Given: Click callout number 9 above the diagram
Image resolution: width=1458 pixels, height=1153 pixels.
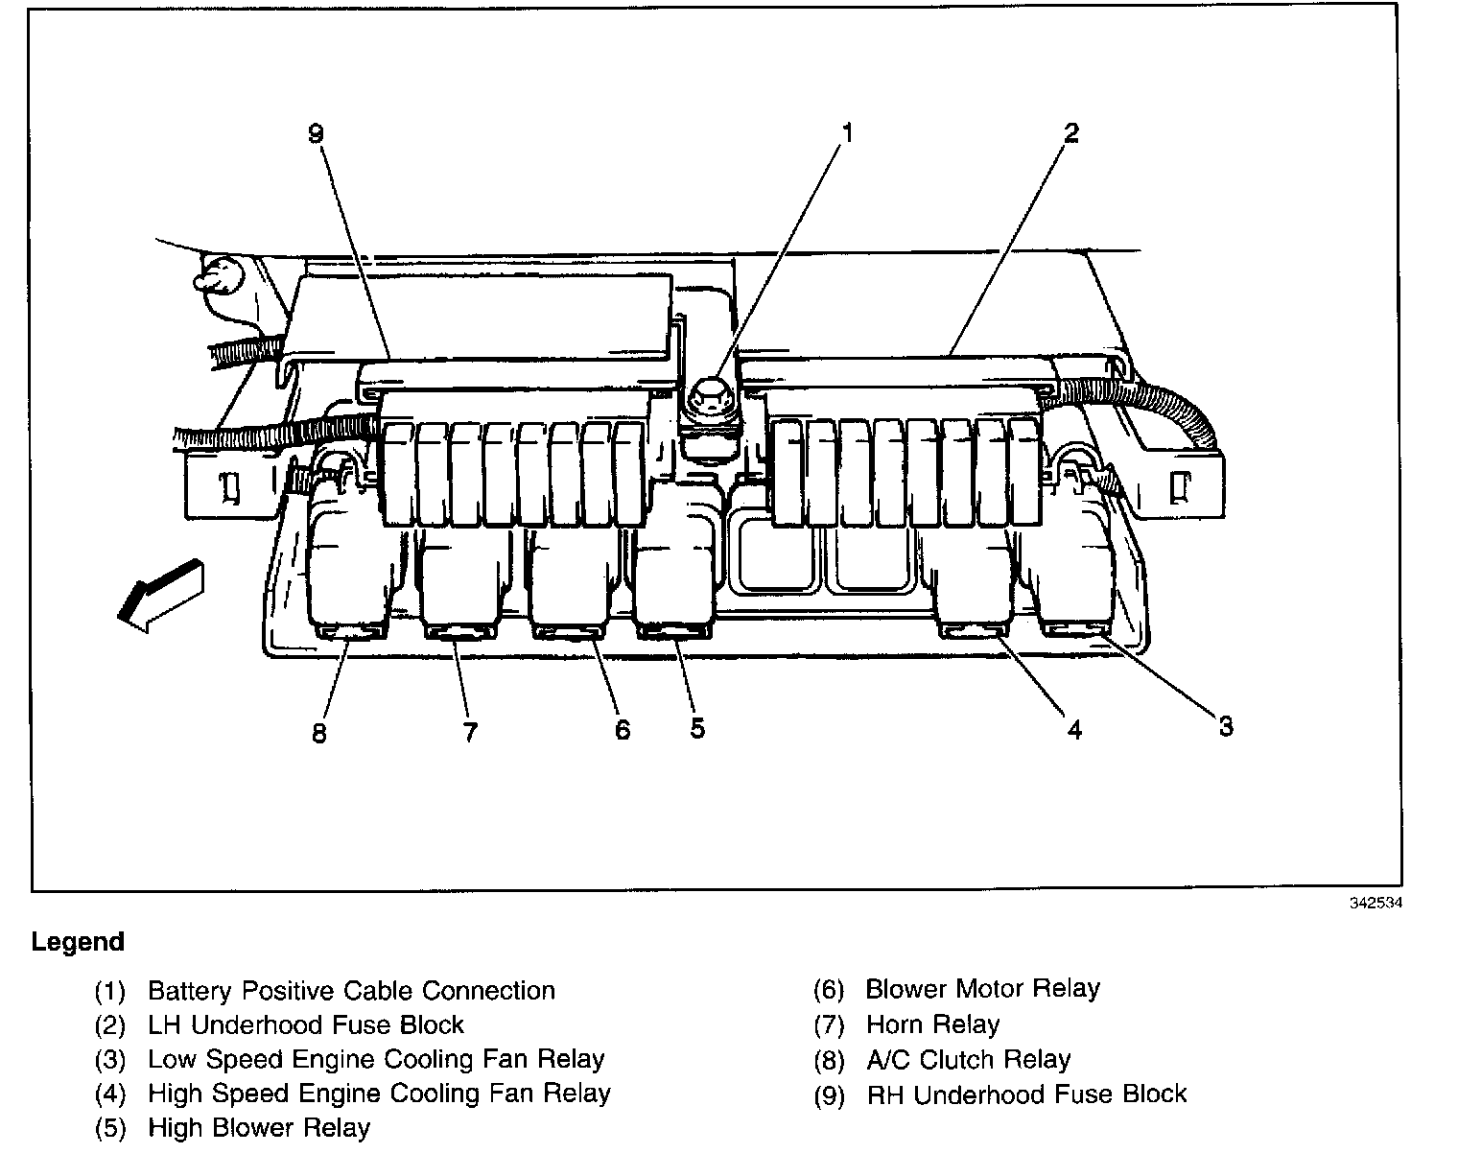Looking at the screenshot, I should tap(317, 133).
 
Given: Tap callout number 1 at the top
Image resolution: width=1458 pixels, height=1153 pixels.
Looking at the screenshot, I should tap(846, 131).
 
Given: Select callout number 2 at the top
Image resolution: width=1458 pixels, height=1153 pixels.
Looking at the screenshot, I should tap(1070, 133).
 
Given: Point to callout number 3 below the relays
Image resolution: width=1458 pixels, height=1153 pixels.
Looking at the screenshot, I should tap(1226, 726).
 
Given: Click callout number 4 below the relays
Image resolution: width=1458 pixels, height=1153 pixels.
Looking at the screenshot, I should tap(1074, 730).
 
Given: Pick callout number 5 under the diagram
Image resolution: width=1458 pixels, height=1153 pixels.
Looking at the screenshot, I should tap(697, 728).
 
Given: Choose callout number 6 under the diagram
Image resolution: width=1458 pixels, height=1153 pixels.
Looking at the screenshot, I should tap(623, 730).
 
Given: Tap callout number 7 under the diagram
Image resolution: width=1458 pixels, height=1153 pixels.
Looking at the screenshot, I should tap(469, 732).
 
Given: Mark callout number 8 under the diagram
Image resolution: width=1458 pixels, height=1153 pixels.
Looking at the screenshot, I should tap(319, 734).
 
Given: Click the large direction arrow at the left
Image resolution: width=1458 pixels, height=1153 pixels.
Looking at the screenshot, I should tap(160, 595).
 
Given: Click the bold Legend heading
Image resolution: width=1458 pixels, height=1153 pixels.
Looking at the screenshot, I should tap(78, 942).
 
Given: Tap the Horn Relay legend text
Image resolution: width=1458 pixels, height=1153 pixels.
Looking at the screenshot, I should tap(932, 1024).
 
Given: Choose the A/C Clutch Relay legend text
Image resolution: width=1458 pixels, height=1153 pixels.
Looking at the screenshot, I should tap(968, 1059).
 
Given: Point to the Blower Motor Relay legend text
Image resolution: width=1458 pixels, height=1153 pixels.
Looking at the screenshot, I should tap(982, 989).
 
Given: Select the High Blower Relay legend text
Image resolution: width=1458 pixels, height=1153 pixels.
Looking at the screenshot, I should tap(259, 1128).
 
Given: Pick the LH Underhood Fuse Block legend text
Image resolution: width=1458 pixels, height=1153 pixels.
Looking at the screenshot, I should tap(305, 1024).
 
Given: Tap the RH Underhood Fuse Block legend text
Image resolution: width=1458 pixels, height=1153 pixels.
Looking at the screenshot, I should tap(1026, 1094).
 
